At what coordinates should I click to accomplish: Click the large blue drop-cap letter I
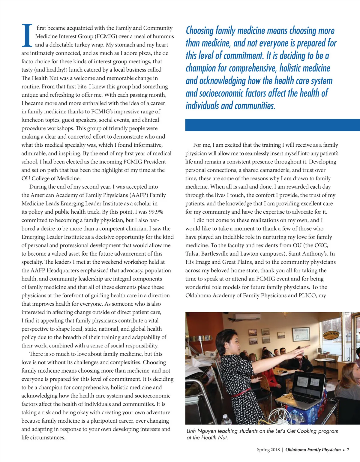coord(27,36)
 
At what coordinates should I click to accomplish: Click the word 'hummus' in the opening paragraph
coord(163,36)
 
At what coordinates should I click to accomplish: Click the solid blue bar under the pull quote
coord(272,125)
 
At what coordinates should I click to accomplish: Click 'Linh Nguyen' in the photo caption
coord(201,431)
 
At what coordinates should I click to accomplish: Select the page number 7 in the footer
coord(348,450)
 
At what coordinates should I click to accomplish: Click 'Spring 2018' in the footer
coord(268,450)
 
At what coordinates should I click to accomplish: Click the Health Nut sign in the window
coord(331,335)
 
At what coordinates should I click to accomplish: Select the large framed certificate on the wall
coord(301,334)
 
